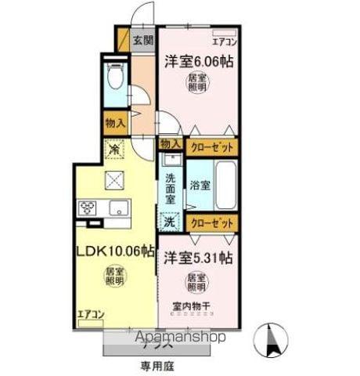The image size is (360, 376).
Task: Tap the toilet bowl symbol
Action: click(114, 78)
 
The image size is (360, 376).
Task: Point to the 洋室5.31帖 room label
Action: click(196, 256)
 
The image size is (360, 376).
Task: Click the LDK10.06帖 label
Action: click(114, 251)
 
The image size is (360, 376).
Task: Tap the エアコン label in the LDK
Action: click(91, 315)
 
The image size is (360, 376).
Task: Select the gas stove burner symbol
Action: click(86, 208)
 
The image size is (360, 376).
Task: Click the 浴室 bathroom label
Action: click(200, 186)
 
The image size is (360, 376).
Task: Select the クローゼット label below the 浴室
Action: click(213, 222)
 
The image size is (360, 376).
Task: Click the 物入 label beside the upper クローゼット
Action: click(170, 144)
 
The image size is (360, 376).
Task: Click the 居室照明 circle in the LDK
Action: click(114, 277)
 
